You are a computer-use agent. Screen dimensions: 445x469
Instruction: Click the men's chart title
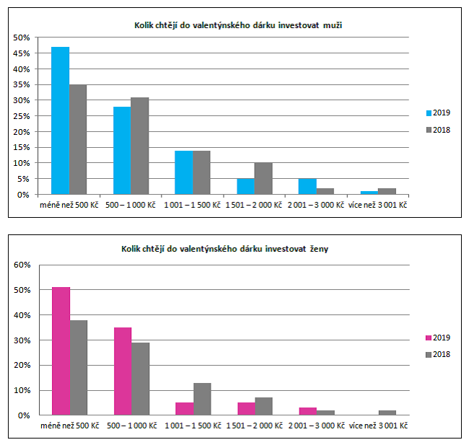coord(238,25)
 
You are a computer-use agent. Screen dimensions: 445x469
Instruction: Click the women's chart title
coord(237,249)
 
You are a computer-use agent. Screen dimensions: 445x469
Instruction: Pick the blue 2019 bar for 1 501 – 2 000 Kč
coord(245,186)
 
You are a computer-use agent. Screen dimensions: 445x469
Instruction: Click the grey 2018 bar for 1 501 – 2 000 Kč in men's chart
coord(263,178)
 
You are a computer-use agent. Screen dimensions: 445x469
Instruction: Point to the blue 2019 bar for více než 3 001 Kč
coord(369,193)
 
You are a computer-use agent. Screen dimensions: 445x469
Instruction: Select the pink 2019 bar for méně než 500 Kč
coord(61,351)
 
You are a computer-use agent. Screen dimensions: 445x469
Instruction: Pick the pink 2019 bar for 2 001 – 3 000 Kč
coord(307,411)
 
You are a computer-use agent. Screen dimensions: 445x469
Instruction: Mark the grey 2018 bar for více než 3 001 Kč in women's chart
coord(387,413)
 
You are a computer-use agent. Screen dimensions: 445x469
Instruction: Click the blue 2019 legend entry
coord(438,113)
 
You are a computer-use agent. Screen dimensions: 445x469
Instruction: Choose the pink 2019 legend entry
coord(438,338)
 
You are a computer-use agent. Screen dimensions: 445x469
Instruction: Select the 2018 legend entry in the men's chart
coord(438,130)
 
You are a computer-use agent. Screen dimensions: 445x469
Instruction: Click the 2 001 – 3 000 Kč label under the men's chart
coord(316,206)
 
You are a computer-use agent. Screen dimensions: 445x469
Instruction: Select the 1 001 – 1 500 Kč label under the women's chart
coord(193,427)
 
